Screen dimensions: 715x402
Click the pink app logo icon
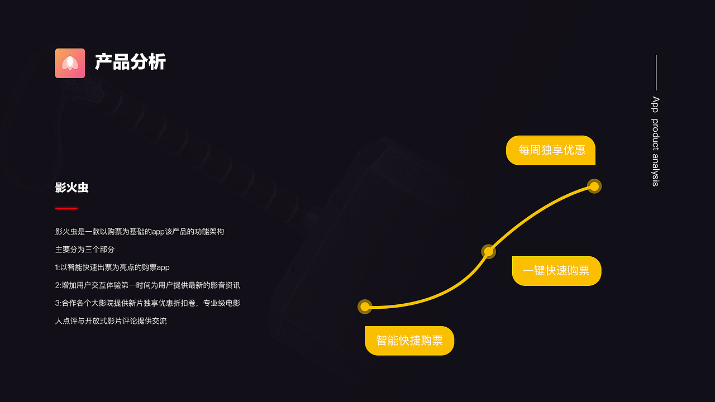(x=70, y=63)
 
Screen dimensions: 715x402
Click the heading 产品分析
(x=130, y=61)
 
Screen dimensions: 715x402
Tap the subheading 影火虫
(x=71, y=187)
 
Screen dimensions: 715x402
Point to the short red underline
(x=66, y=208)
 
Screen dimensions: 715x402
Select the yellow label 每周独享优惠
(x=551, y=150)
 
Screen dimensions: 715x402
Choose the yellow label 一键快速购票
(x=557, y=271)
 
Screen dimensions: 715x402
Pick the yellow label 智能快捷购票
(x=409, y=341)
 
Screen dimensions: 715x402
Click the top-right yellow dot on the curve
(x=594, y=186)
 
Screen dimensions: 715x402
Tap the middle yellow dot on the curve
(x=488, y=252)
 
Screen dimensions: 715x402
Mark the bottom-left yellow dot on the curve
(x=365, y=307)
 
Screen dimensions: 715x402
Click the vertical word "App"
(x=655, y=104)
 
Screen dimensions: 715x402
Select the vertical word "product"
(x=655, y=135)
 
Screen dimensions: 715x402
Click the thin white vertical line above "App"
(x=656, y=73)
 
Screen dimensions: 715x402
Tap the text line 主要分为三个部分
(x=84, y=250)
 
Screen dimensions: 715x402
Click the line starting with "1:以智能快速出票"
(x=112, y=267)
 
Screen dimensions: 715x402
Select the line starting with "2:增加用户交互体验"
(x=147, y=285)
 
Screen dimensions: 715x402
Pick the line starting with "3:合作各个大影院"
(x=147, y=303)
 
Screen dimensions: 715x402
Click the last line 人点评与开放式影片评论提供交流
(x=111, y=321)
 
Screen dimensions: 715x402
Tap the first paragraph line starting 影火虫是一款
(x=140, y=232)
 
